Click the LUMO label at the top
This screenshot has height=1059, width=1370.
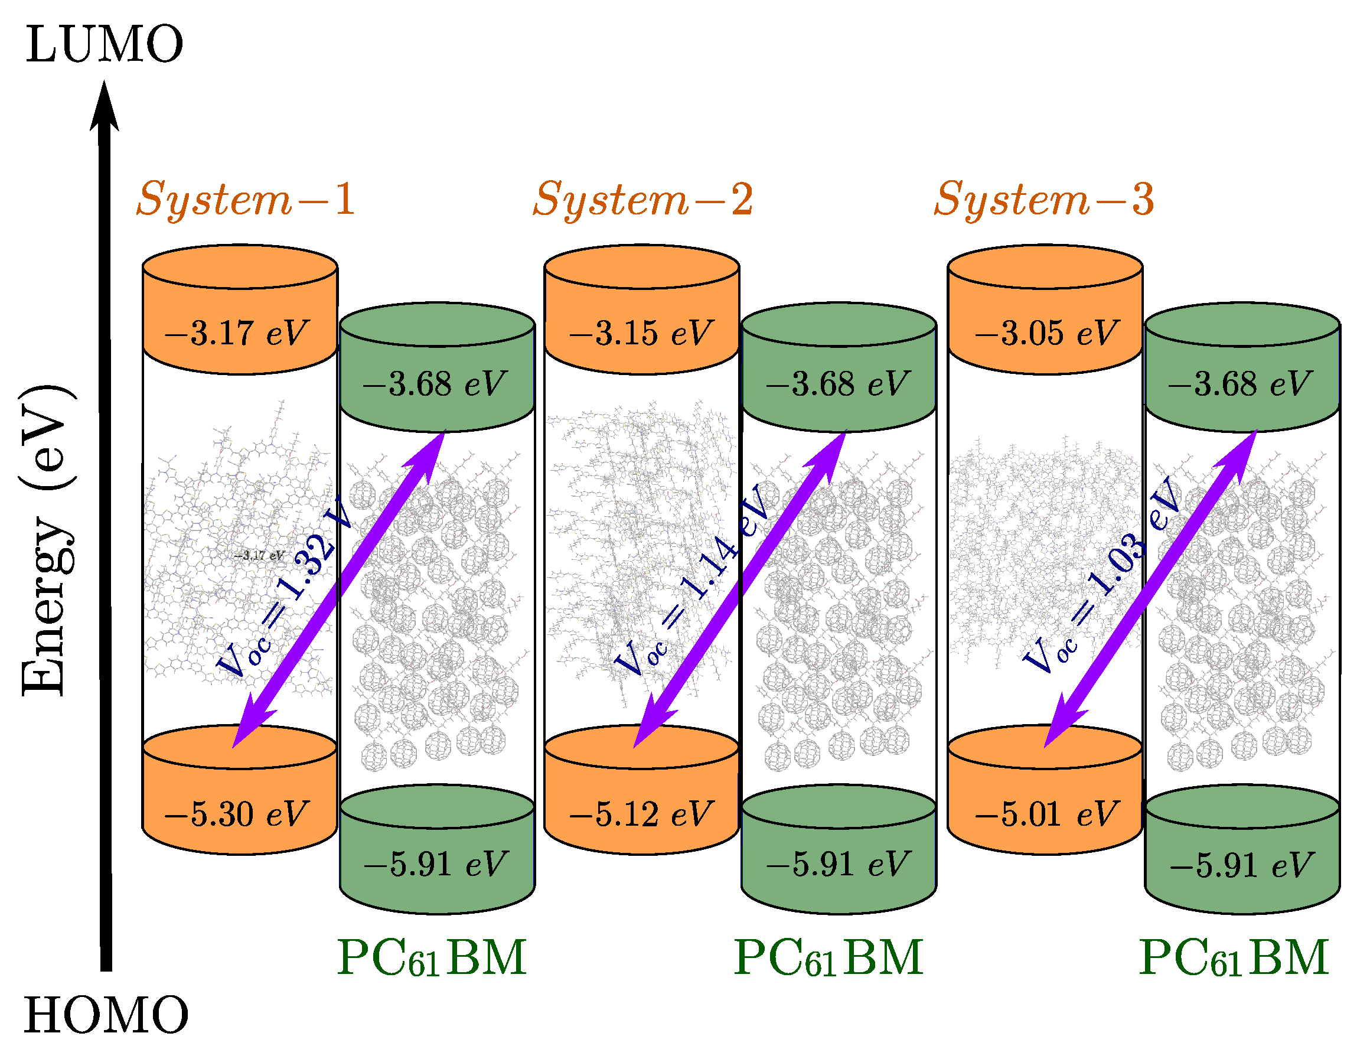(104, 44)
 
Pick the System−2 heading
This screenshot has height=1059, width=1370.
(642, 200)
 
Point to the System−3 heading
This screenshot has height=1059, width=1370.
(1044, 200)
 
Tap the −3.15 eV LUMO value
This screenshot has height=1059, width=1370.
(641, 333)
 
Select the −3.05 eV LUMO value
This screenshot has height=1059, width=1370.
(1046, 333)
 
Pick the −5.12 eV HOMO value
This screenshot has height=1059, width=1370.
(641, 814)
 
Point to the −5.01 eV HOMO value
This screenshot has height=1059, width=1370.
(1046, 814)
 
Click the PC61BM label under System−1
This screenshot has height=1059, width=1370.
(432, 958)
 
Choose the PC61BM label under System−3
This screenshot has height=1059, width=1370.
(1233, 958)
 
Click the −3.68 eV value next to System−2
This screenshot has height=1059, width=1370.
(837, 384)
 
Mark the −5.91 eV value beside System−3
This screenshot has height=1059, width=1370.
(1241, 865)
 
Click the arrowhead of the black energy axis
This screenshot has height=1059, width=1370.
(104, 107)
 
